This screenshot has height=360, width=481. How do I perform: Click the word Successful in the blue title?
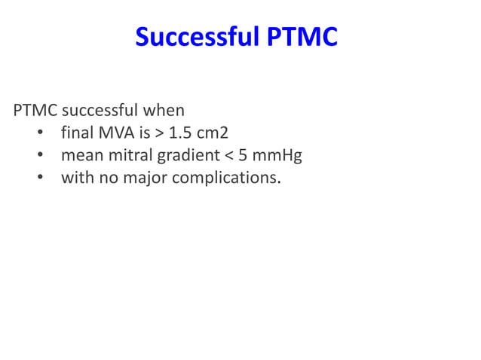tap(198, 37)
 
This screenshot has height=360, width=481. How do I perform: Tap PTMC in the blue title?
tap(302, 37)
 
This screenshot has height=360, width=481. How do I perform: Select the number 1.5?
tap(180, 134)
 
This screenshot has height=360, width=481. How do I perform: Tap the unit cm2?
tap(213, 134)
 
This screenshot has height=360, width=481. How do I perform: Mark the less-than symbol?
tap(231, 157)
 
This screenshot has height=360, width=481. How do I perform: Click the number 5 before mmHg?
tap(244, 157)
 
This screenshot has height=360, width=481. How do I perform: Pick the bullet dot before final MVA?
tap(40, 135)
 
